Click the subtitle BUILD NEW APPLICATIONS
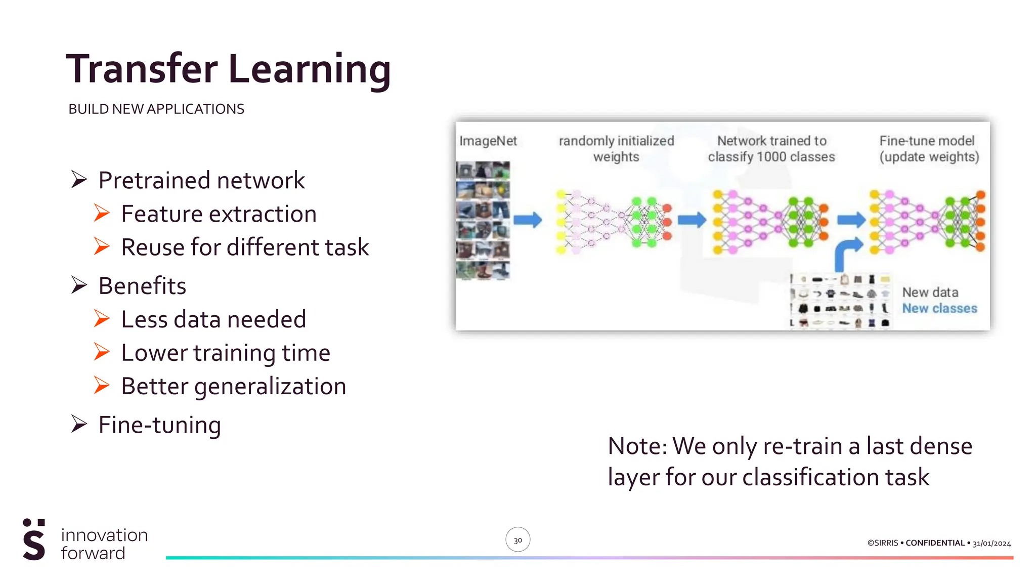[x=156, y=109]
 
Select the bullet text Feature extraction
[x=219, y=214]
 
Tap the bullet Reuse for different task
[x=245, y=247]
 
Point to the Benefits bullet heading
[x=142, y=285]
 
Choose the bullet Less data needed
[x=213, y=319]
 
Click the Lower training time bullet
[x=226, y=353]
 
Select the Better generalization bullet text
[x=233, y=386]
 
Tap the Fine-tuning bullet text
[x=159, y=425]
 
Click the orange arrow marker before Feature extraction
[x=102, y=213]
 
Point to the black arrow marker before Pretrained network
[x=79, y=179]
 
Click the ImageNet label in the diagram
[x=488, y=141]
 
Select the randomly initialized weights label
[x=616, y=148]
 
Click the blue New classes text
[x=939, y=308]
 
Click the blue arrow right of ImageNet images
[x=528, y=220]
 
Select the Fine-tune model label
[x=928, y=148]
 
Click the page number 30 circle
[x=517, y=539]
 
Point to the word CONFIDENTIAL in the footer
[x=935, y=543]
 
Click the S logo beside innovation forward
[x=34, y=539]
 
